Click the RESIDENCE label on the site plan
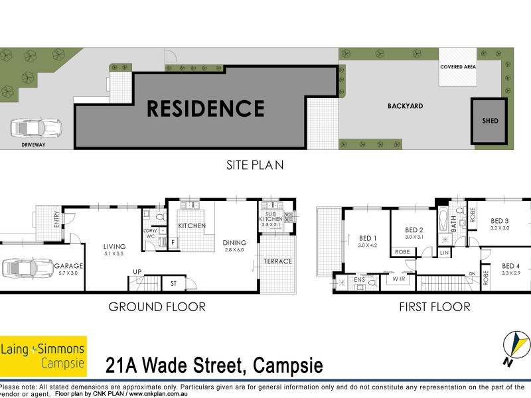(206, 108)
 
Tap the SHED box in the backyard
(490, 121)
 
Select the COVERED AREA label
(458, 68)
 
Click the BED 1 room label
(368, 239)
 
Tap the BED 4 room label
(510, 266)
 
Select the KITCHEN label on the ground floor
(191, 226)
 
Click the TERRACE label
(277, 261)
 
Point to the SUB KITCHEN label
(269, 218)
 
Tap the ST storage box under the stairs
(173, 284)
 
